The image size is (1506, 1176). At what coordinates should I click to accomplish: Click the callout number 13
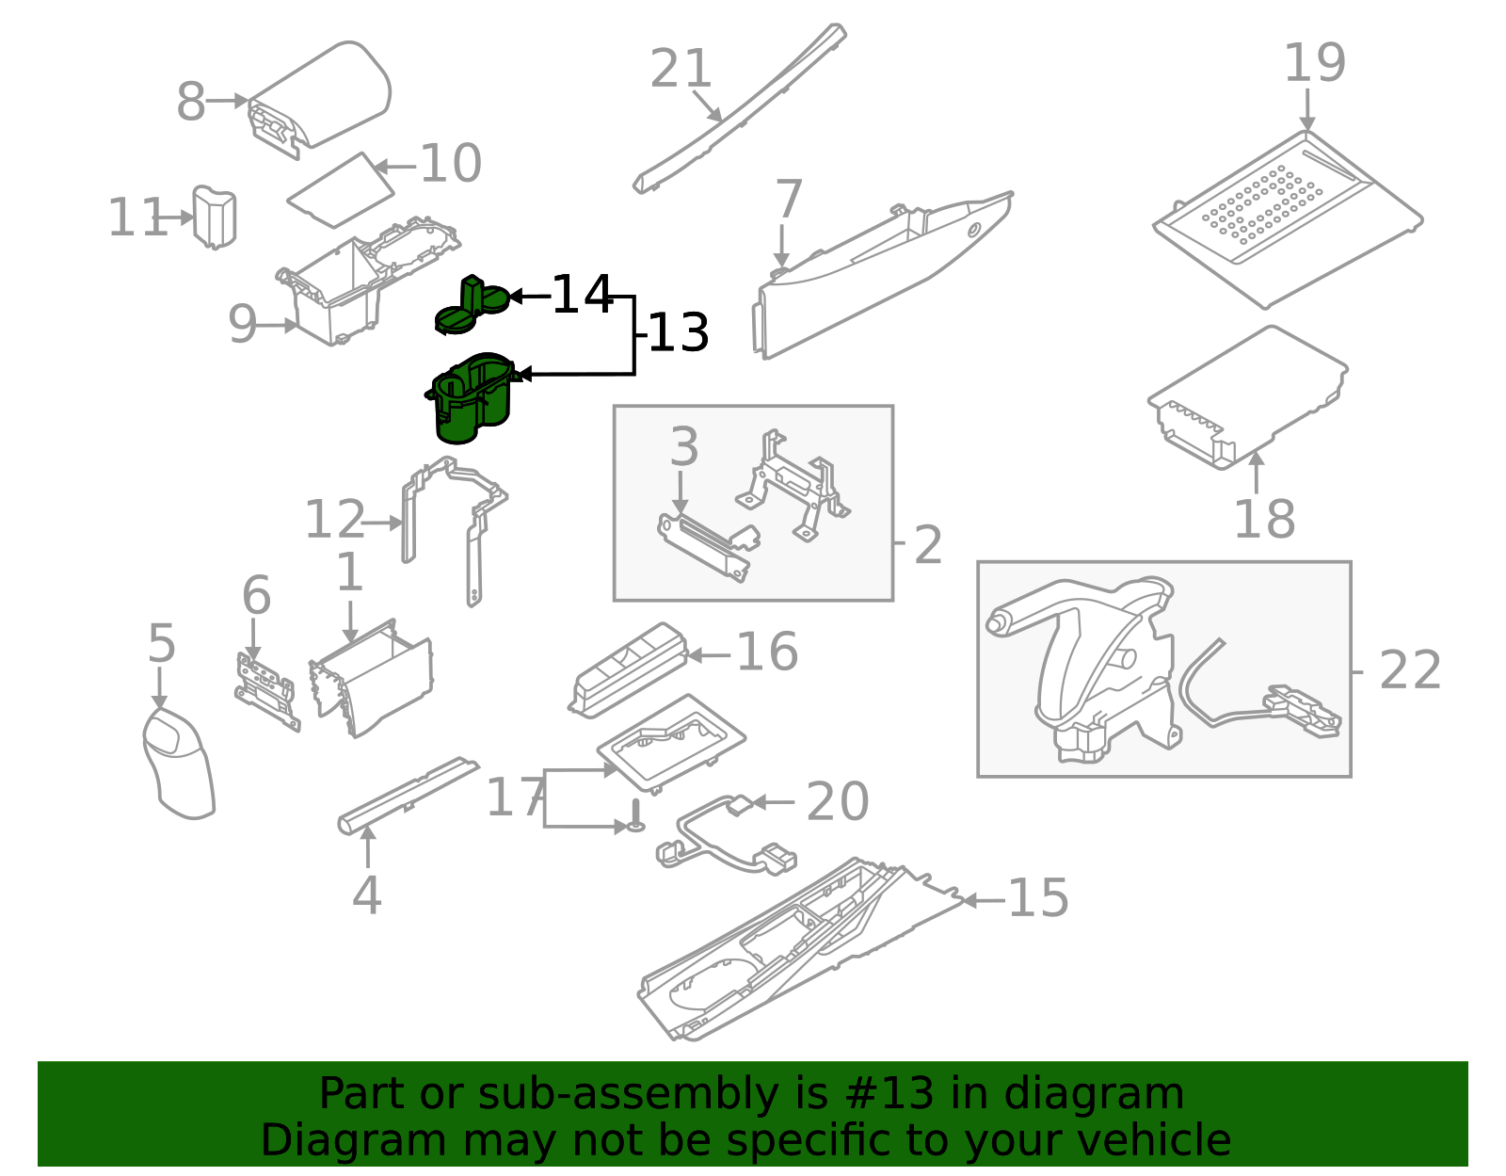pos(678,333)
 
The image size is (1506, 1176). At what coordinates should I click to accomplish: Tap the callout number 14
pos(582,296)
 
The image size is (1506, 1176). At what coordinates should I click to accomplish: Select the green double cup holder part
pos(471,400)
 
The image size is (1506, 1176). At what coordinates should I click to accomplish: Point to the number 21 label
pos(681,70)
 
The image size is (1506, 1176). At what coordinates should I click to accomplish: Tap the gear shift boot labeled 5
pos(179,763)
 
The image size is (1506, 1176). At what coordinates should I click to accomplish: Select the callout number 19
pos(1314,63)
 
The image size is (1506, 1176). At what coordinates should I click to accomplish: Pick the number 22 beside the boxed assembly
pos(1409,670)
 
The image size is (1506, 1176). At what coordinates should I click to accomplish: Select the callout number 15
pos(1037,898)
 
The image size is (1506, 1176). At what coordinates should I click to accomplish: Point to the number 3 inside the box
pos(684,447)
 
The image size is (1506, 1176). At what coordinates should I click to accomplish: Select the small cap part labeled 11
pos(215,217)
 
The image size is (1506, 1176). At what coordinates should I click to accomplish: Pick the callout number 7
pos(788,200)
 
